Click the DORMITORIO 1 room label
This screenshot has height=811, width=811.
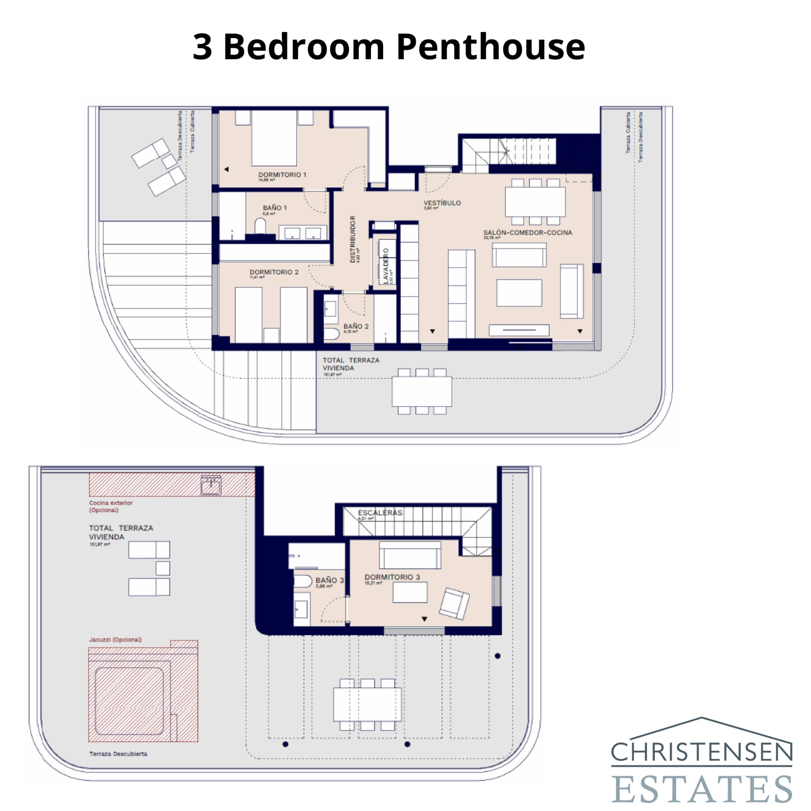282,175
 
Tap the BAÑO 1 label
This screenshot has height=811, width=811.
275,208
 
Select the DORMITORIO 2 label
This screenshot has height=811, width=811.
274,272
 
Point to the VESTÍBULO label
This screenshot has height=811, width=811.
442,203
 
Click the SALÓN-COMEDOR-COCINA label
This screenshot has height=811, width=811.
527,233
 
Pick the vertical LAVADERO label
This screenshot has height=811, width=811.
386,265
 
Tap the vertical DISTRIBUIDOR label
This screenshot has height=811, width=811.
353,239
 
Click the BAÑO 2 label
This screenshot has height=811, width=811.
356,326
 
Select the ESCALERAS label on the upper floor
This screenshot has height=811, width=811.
380,512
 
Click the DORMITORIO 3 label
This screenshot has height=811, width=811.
392,577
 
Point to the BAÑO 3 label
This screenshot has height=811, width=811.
329,580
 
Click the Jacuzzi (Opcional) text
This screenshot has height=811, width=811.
116,640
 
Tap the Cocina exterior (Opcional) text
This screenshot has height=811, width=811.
110,506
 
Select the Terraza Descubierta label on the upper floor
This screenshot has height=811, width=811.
118,754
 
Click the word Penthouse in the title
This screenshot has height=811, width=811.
490,47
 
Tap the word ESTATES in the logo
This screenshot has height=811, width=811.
701,788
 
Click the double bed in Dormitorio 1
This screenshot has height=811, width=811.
274,138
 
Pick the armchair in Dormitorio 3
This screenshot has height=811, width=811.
454,603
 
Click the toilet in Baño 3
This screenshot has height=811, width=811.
303,581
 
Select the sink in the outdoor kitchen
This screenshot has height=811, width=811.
210,486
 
